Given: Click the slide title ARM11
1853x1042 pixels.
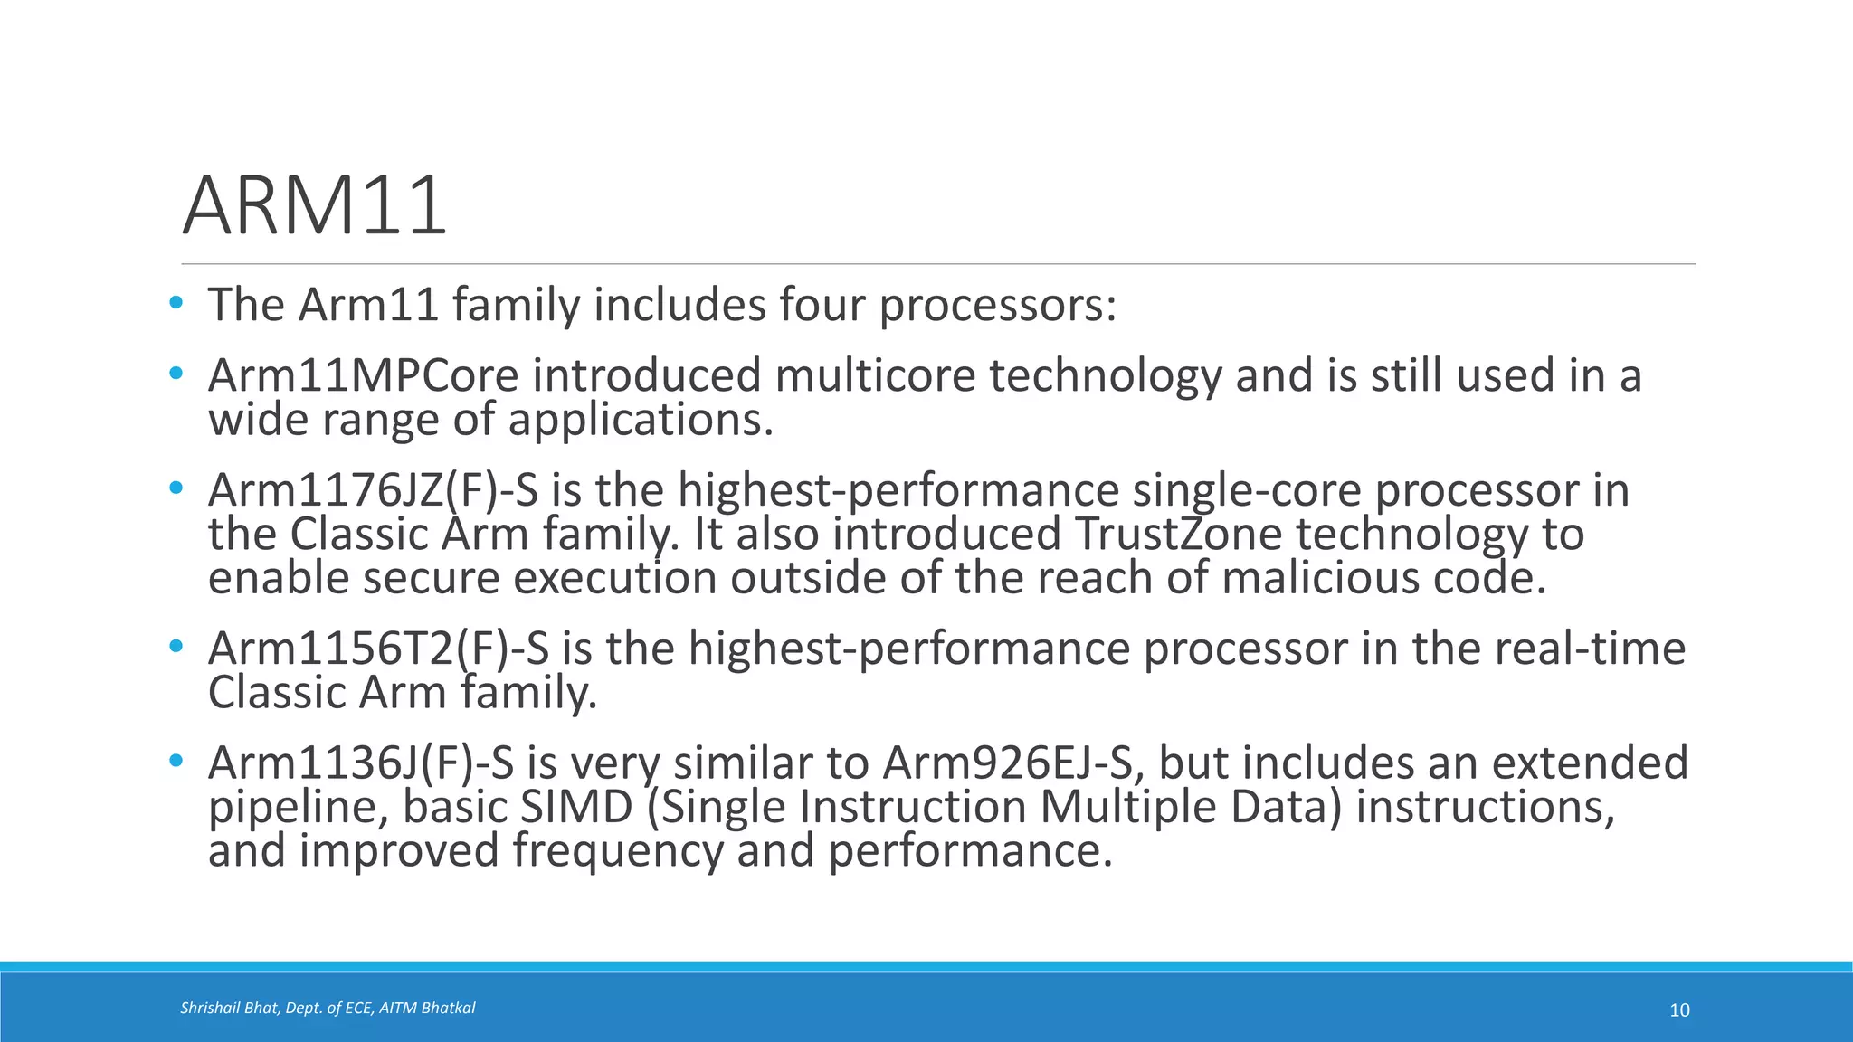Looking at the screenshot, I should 315,206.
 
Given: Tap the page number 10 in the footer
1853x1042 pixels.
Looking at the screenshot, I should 1679,1010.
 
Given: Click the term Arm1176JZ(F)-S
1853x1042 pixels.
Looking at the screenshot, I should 373,490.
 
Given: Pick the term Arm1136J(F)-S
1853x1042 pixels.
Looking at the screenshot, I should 361,763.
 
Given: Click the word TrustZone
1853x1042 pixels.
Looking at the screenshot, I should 1179,534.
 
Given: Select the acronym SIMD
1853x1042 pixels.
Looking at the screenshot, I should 576,807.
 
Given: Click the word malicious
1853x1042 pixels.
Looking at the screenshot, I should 1320,578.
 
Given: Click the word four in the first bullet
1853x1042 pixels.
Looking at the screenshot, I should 822,305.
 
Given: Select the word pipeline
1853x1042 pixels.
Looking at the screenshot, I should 298,807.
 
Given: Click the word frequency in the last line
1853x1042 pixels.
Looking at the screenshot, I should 618,851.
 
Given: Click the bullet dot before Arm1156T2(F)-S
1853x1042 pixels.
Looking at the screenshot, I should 176,647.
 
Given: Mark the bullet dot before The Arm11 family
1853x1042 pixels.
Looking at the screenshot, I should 176,302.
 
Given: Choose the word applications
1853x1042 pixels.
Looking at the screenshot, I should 641,420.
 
